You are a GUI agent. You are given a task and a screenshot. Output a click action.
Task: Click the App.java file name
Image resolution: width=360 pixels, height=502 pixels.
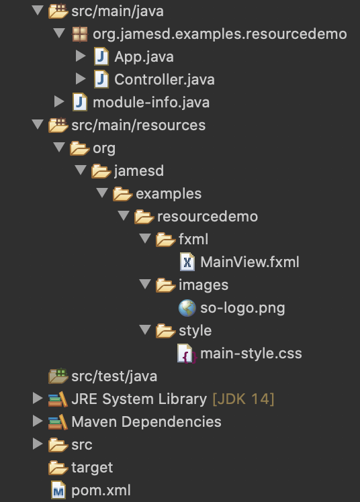(x=144, y=57)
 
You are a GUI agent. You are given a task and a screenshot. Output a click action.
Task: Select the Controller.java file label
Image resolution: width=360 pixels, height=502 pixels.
(x=165, y=80)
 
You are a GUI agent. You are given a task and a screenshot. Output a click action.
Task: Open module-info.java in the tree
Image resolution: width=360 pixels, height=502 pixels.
(x=151, y=103)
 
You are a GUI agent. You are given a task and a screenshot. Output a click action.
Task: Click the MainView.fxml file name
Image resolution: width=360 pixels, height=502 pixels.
(x=249, y=262)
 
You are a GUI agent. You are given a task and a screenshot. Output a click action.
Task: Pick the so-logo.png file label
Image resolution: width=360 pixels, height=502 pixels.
(x=242, y=308)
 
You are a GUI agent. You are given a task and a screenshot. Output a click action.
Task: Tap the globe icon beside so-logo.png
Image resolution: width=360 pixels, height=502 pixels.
(x=187, y=308)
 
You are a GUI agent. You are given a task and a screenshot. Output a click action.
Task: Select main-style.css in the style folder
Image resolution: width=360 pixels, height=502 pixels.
(x=251, y=354)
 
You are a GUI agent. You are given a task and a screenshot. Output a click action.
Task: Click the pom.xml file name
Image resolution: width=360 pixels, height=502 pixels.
(x=101, y=491)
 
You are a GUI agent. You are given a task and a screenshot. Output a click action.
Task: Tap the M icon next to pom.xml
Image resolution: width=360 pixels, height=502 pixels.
(x=58, y=490)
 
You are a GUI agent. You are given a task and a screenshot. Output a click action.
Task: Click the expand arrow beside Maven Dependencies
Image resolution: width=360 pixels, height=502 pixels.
(x=38, y=421)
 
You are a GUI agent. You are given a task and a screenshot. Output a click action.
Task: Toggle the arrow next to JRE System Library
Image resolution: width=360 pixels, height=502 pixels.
(x=38, y=399)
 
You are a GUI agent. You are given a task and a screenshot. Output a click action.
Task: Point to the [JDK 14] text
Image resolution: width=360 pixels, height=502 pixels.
(x=243, y=399)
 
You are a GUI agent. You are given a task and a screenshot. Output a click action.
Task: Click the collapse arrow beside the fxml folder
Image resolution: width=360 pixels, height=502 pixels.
(x=145, y=238)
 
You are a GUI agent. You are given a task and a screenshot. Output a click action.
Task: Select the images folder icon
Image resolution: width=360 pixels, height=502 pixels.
(x=166, y=285)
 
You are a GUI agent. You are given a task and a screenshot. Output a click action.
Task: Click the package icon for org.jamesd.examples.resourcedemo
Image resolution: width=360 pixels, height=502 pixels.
(x=80, y=34)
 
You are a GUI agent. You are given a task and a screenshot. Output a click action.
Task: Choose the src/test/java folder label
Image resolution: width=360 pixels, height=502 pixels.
(x=114, y=376)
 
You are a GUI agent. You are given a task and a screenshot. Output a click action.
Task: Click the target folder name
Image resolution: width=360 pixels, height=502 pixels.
(x=92, y=468)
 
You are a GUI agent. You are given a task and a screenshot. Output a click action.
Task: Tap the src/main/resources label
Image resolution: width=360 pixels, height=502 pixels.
(x=138, y=125)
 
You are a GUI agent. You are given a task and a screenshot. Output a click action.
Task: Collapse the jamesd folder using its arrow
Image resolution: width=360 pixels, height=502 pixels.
(x=81, y=170)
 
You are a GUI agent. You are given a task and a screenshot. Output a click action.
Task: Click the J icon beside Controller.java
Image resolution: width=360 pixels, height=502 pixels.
(x=101, y=79)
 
